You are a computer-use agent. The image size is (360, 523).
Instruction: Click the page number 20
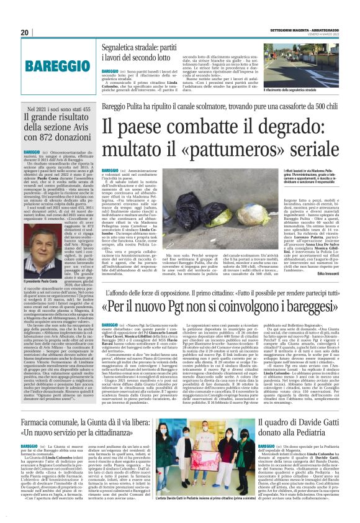pos(24,32)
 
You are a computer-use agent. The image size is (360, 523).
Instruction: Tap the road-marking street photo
pos(300,66)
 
